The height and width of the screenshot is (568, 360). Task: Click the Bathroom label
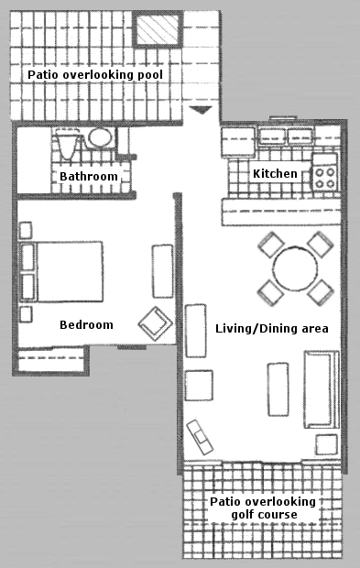click(89, 177)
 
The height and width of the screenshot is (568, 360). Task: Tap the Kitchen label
click(275, 173)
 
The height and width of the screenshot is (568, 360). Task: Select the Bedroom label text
click(86, 324)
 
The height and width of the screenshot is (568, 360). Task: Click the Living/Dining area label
click(272, 329)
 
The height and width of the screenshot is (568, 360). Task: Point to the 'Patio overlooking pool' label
click(95, 74)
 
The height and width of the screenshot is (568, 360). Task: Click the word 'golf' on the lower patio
click(242, 514)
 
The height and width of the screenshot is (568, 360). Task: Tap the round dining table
click(295, 268)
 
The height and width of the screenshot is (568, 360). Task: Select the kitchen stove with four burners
click(325, 172)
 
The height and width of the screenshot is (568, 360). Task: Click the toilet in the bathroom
click(67, 144)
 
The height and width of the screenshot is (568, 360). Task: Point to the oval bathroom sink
click(100, 138)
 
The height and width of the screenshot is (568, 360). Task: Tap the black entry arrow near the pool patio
click(201, 110)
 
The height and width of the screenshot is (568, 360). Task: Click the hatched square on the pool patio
click(158, 28)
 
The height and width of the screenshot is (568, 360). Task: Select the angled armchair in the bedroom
click(156, 323)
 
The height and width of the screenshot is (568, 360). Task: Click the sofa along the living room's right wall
click(322, 389)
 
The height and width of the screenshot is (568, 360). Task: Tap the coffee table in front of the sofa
click(278, 389)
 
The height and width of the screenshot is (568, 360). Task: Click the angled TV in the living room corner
click(200, 437)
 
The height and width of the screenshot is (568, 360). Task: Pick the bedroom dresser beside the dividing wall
click(162, 271)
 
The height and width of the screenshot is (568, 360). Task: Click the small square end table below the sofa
click(326, 444)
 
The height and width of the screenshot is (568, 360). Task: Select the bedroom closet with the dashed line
click(51, 359)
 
